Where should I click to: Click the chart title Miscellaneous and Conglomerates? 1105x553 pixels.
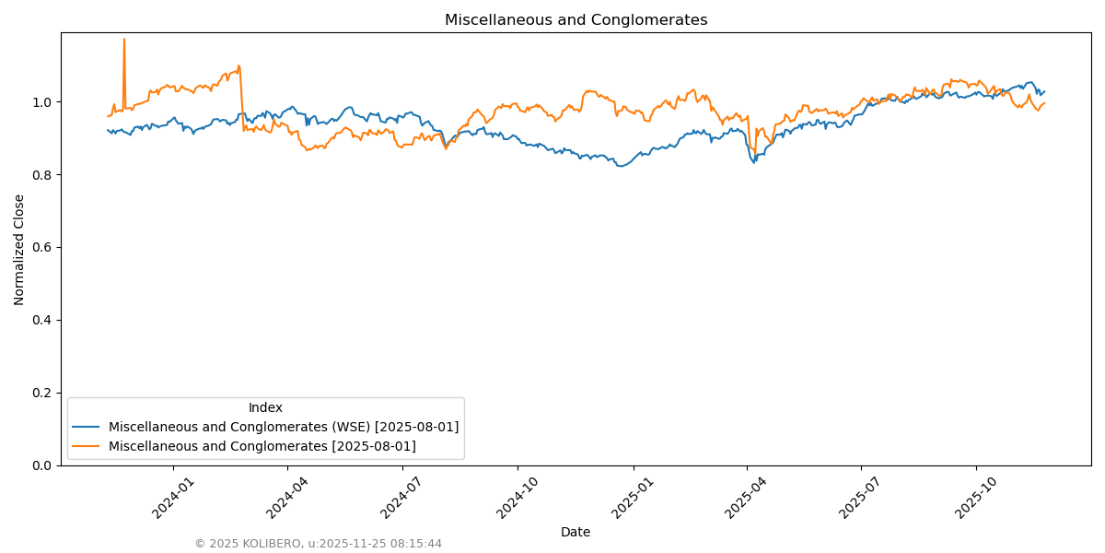(576, 20)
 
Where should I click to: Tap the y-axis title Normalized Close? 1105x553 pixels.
(19, 249)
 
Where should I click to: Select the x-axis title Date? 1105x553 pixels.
(576, 532)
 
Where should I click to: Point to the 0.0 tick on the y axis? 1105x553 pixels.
(43, 465)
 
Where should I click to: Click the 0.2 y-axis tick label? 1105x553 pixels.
(43, 393)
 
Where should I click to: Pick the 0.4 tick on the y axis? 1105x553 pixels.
(43, 320)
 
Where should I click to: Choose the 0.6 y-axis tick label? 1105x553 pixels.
(43, 247)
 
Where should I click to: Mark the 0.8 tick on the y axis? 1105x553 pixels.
(43, 174)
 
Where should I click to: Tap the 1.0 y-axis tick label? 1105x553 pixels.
(43, 101)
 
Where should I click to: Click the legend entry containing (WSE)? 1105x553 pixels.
(283, 427)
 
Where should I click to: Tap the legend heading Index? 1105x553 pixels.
(265, 407)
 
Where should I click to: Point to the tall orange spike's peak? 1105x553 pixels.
(124, 39)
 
